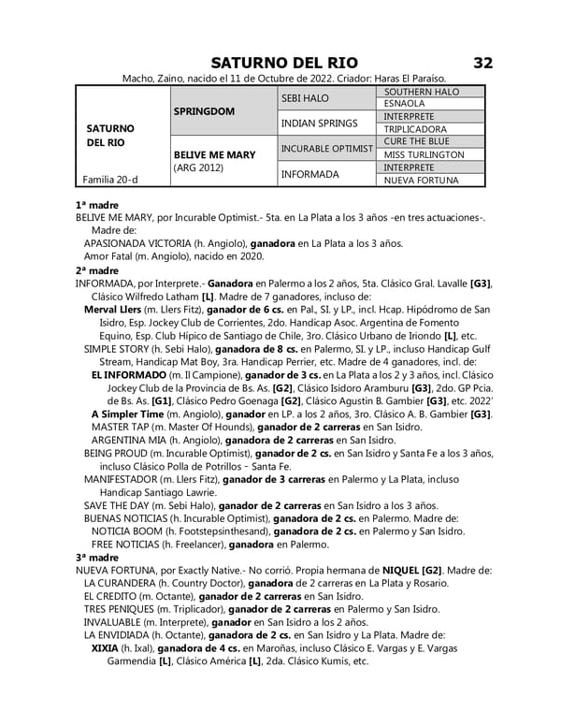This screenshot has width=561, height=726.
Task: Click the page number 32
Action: [x=482, y=63]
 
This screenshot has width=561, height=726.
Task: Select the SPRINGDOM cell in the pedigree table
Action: [x=204, y=109]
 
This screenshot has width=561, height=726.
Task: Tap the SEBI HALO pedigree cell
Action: [x=305, y=97]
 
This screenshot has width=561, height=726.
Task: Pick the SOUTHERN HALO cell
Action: [x=422, y=91]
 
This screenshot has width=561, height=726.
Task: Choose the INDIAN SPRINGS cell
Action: [x=319, y=123]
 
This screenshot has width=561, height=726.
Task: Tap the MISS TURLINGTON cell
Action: [x=424, y=154]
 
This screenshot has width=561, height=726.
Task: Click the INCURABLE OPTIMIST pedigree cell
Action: [x=327, y=148]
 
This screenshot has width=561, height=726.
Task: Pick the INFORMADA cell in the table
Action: [x=309, y=174]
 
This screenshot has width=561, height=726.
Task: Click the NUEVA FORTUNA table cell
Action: [x=421, y=180]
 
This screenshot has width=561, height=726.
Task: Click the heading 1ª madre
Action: [x=95, y=203]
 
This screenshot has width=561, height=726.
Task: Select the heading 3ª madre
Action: [x=95, y=557]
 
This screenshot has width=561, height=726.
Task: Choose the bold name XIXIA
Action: [x=105, y=647]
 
